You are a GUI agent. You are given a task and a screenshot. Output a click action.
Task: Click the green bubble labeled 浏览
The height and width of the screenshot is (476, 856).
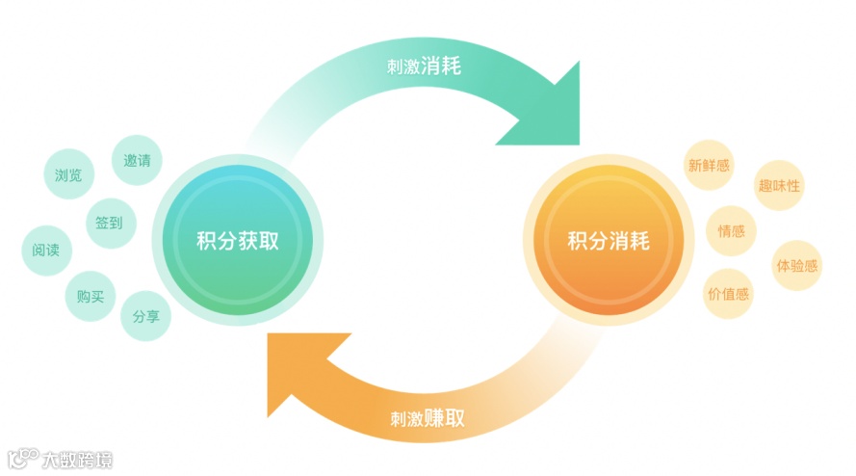(69, 175)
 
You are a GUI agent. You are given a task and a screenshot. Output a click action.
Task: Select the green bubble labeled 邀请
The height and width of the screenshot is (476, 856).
(136, 160)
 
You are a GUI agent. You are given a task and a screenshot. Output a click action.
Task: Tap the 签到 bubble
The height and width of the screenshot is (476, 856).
(109, 223)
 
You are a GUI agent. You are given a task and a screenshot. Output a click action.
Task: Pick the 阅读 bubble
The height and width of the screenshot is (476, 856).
(46, 251)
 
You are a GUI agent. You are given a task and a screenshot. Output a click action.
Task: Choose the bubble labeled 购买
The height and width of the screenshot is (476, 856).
(91, 296)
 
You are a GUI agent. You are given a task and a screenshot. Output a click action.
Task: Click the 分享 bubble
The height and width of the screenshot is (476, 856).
(145, 315)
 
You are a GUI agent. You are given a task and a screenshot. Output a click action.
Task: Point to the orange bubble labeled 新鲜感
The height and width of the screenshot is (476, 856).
(708, 166)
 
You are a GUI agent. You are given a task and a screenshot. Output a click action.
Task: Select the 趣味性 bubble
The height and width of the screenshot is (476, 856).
(779, 186)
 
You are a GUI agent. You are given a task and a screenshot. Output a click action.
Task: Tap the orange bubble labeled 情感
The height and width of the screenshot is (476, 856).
(731, 231)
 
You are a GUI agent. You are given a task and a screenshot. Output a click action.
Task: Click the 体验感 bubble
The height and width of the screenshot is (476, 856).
(797, 265)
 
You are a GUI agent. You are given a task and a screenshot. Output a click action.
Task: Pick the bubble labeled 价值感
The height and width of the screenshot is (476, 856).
(728, 293)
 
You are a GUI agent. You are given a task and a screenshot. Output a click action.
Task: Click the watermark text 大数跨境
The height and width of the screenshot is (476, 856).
(76, 460)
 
